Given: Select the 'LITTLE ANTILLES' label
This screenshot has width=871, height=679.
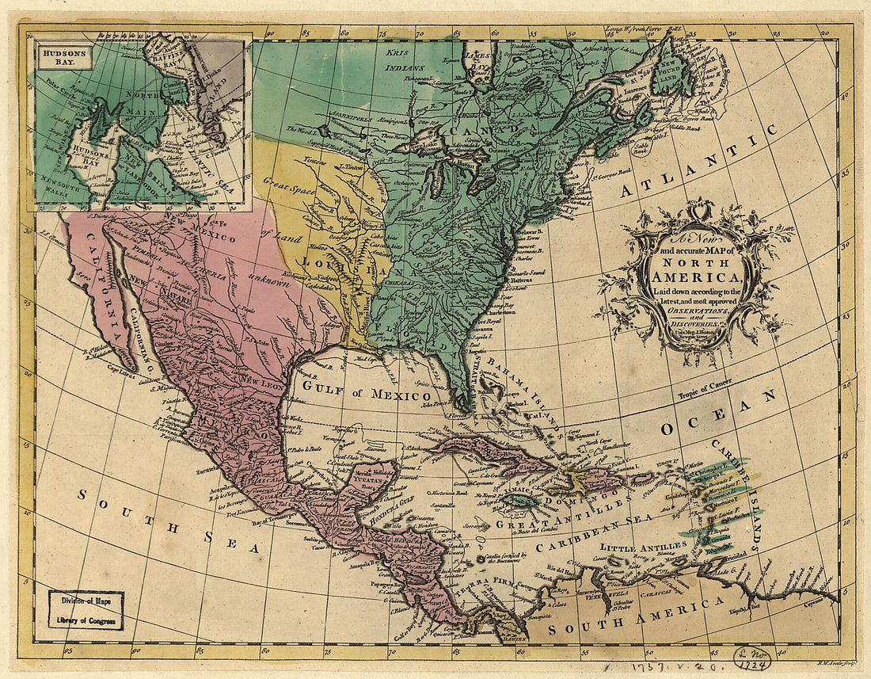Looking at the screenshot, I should tap(643, 547).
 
